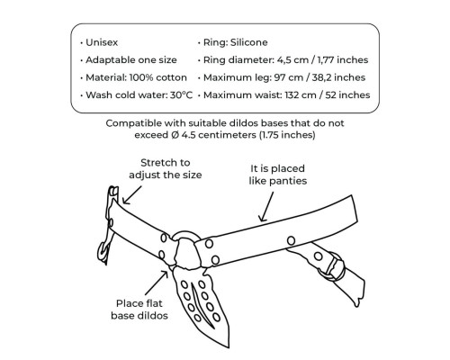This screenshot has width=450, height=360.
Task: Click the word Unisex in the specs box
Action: pos(102,42)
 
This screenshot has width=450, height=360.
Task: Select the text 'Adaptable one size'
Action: pos(131,60)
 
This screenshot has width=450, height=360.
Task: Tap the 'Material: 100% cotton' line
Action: pos(136,77)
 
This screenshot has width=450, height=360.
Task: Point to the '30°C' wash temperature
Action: pos(181,95)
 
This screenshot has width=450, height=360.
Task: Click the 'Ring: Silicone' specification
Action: pos(236,42)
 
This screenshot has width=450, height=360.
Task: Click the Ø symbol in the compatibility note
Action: pos(175,135)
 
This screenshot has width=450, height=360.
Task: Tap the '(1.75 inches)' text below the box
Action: pos(287,135)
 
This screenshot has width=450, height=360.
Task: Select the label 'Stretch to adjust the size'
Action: pos(166,168)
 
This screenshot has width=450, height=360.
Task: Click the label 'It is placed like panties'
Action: pos(278,175)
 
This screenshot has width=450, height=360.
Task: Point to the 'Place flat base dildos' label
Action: pos(139,310)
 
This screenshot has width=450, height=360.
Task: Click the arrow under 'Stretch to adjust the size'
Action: pos(131,195)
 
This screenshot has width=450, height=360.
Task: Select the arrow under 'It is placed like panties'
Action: pos(266,207)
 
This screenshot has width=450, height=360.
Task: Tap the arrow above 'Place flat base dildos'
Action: pos(157,283)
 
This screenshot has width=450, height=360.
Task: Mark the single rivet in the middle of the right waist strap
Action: pos(291,240)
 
